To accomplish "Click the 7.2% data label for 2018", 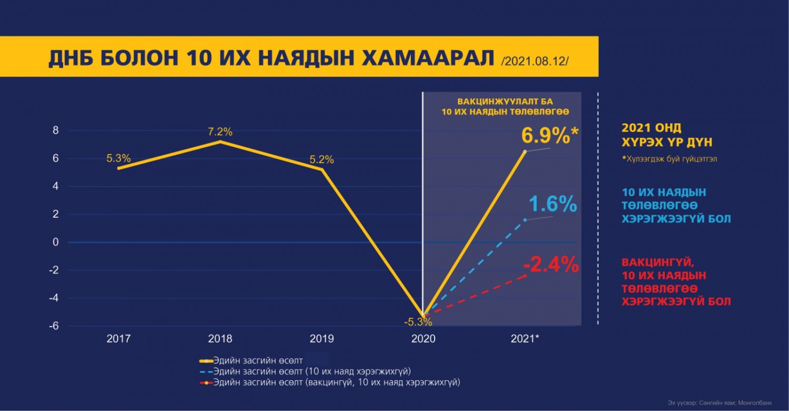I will (220, 132).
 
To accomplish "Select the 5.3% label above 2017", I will (118, 158).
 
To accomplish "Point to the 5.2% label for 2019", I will (321, 159).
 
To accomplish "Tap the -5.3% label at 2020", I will (418, 322).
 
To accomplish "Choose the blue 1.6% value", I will (552, 204).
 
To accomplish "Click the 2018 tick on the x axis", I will (220, 339).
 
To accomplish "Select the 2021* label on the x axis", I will (524, 339).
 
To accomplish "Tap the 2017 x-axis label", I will (119, 339).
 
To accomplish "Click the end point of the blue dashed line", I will (525, 220).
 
